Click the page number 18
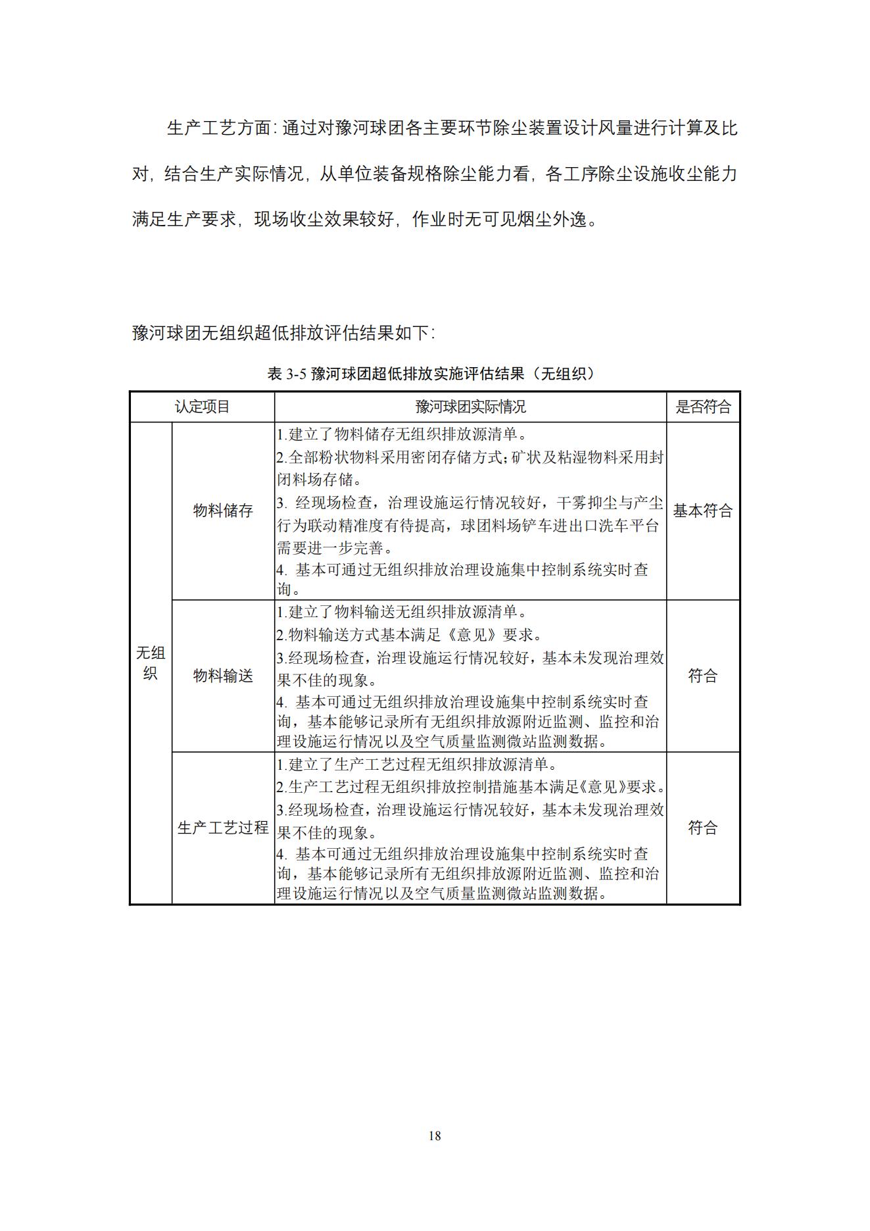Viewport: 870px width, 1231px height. [434, 1135]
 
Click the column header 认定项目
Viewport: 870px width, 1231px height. [202, 407]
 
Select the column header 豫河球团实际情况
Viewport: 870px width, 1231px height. [470, 407]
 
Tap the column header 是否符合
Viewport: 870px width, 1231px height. [703, 407]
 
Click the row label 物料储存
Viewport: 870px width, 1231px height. [223, 511]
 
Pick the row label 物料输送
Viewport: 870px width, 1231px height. [223, 676]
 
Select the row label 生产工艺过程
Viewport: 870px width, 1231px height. [223, 828]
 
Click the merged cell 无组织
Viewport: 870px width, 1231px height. [151, 663]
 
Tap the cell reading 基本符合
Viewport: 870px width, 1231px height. [703, 511]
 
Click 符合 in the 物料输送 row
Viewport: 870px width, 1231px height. [703, 676]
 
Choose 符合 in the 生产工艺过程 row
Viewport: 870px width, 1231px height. [703, 828]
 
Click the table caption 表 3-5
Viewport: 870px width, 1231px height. [287, 374]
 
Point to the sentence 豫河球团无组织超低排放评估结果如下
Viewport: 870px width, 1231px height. [283, 332]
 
